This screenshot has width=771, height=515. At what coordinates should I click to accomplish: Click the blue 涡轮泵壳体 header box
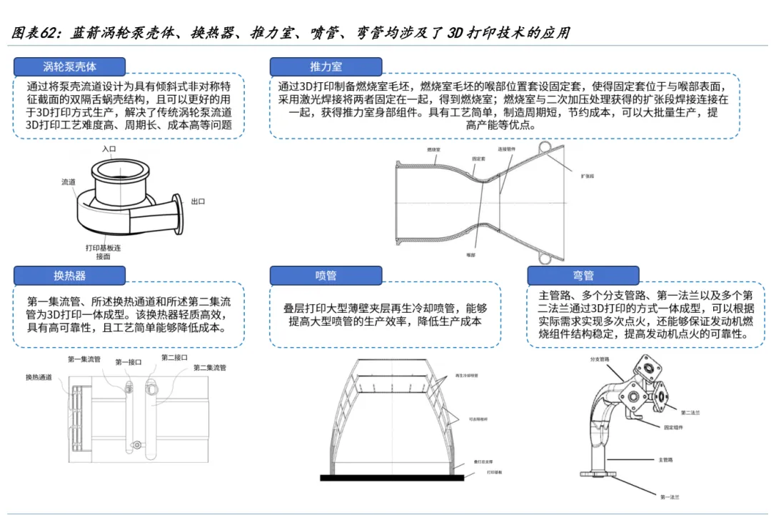pyautogui.click(x=70, y=66)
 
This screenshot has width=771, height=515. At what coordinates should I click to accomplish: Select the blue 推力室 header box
pyautogui.click(x=326, y=66)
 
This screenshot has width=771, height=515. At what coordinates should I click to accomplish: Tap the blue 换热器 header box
pyautogui.click(x=70, y=275)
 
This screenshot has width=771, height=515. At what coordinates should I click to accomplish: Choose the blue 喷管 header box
pyautogui.click(x=326, y=275)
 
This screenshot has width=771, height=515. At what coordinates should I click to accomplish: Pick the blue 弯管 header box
pyautogui.click(x=583, y=275)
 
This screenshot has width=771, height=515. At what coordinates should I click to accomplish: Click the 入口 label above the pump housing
pyautogui.click(x=109, y=149)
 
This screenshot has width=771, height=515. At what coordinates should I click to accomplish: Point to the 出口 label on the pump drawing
pyautogui.click(x=198, y=202)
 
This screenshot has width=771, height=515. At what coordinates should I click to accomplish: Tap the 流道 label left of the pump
pyautogui.click(x=69, y=182)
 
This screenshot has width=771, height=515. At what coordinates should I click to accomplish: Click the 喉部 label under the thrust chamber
pyautogui.click(x=470, y=254)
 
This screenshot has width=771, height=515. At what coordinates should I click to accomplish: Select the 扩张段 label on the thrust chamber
pyautogui.click(x=588, y=175)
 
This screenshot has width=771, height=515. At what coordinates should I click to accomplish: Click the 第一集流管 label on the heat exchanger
pyautogui.click(x=84, y=359)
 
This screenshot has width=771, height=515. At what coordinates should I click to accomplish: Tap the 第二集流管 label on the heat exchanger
pyautogui.click(x=209, y=368)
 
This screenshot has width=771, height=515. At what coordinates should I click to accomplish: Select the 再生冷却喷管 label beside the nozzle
pyautogui.click(x=465, y=375)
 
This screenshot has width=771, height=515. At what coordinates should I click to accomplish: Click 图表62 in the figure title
pyautogui.click(x=36, y=34)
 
